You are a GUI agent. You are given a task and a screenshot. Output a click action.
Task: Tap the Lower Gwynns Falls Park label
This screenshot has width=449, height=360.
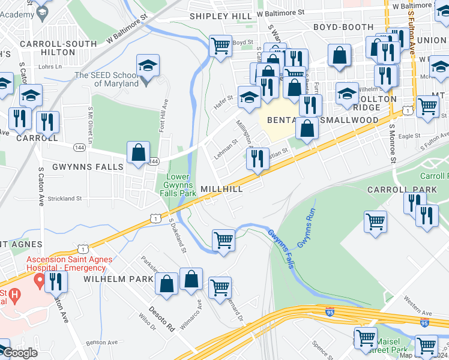pyautogui.click(x=181, y=185)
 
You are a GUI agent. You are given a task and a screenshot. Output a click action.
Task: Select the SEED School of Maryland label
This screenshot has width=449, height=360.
pyautogui.click(x=106, y=79)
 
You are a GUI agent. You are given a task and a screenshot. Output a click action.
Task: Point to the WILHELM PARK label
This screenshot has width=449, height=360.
pyautogui.click(x=110, y=280)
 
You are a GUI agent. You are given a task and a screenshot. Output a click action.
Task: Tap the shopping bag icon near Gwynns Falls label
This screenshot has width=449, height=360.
pyautogui.click(x=139, y=152)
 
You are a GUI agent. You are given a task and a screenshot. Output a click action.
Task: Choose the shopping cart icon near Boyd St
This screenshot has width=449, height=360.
pyautogui.click(x=220, y=45)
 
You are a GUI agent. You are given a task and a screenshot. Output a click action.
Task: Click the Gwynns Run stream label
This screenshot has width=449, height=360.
pyautogui.click(x=306, y=228)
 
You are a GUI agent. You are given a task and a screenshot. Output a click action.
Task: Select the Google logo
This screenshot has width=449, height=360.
pyautogui.click(x=20, y=352)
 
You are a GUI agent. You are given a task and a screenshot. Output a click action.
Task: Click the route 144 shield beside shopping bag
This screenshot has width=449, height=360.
pyautogui.click(x=154, y=161)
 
